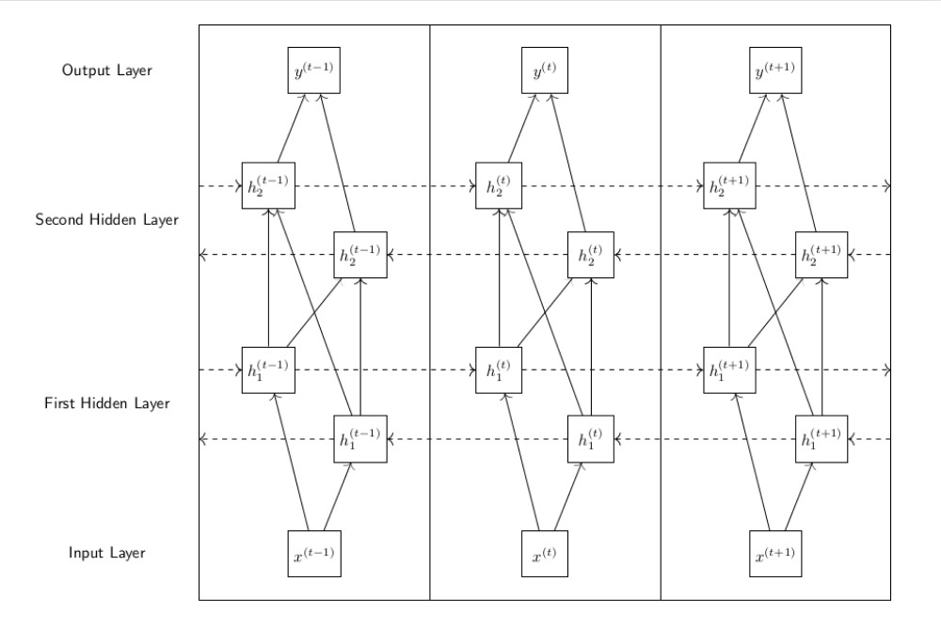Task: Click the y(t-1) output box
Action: coord(313,71)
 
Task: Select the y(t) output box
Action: coord(545,71)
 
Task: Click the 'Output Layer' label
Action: coord(104,71)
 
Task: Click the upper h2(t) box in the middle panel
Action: coord(499,186)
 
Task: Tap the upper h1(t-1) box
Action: coord(268,370)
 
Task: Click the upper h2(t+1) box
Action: coord(729,186)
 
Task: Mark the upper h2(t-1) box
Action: coord(268,186)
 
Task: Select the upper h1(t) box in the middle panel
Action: coord(499,370)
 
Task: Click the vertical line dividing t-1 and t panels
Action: coord(430,310)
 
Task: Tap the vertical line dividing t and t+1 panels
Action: coord(661,310)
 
